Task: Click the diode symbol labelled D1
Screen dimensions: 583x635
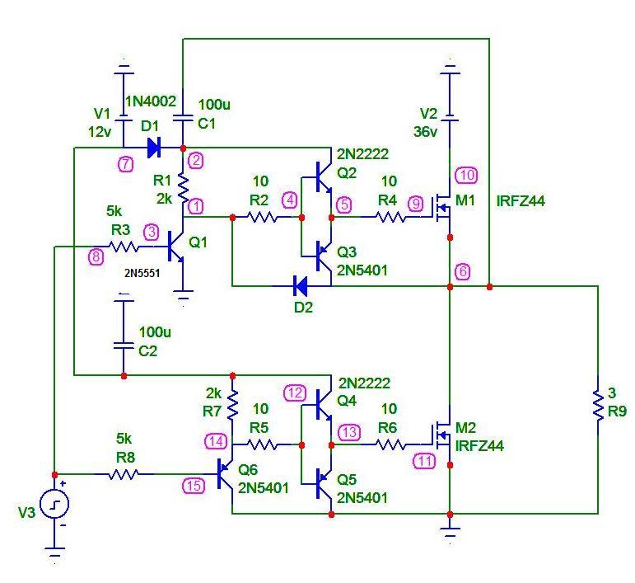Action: point(153,148)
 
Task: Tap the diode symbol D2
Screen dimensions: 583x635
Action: point(301,286)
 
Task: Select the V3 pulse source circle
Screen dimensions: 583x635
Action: point(54,504)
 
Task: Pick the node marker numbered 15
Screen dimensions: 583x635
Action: point(194,486)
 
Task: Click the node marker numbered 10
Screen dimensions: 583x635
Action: point(466,175)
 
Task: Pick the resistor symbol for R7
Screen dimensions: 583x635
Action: point(233,404)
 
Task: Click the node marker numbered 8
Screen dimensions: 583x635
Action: point(96,256)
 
